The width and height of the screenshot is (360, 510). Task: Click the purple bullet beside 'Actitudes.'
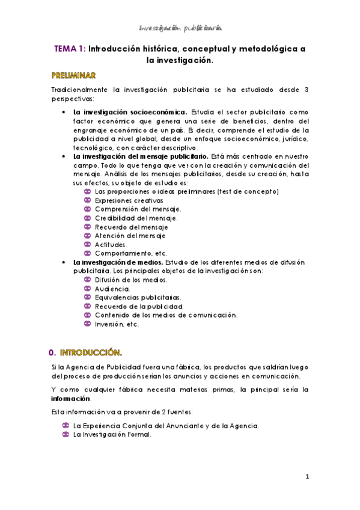pyautogui.click(x=87, y=244)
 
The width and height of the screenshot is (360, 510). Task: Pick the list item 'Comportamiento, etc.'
pyautogui.click(x=131, y=253)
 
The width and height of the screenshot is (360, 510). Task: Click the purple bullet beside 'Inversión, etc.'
pyautogui.click(x=87, y=324)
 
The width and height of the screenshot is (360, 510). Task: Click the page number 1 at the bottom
pyautogui.click(x=307, y=478)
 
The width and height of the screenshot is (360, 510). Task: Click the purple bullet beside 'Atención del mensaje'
pyautogui.click(x=87, y=235)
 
